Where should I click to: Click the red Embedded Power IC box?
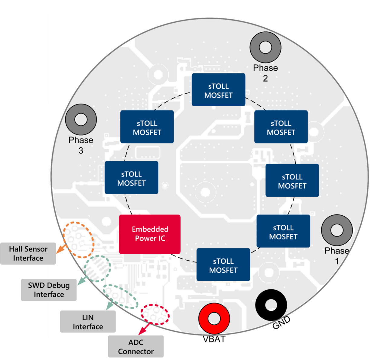150,234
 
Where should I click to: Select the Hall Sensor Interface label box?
28,254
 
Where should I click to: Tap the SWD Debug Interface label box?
49,290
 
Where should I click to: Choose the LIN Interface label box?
88,322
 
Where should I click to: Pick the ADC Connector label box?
136,347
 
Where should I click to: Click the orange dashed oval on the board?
78,240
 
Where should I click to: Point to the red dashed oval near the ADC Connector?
155,314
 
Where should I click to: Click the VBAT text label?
214,339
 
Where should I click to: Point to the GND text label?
281,323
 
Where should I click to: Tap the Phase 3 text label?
81,145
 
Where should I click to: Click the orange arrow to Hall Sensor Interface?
61,249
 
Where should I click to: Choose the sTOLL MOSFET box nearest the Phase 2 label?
218,90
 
